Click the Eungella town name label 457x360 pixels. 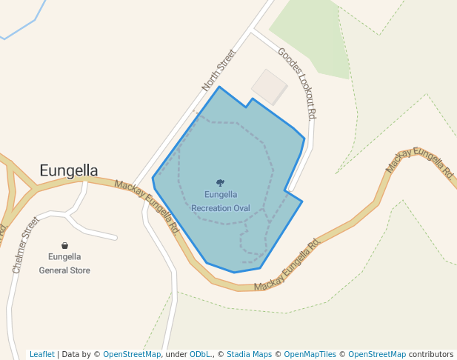click(x=68, y=171)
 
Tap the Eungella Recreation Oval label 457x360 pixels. click(x=221, y=201)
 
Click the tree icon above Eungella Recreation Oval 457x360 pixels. click(x=220, y=182)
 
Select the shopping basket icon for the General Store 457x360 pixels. click(x=64, y=245)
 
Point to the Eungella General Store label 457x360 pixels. click(x=64, y=264)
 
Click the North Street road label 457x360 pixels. click(x=220, y=70)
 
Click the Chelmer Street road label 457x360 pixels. click(x=25, y=245)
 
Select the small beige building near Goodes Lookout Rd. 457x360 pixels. click(x=269, y=87)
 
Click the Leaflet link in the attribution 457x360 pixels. click(x=41, y=354)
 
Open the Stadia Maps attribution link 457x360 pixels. click(x=249, y=354)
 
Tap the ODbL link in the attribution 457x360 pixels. click(x=199, y=354)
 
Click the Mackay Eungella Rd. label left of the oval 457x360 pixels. click(x=147, y=207)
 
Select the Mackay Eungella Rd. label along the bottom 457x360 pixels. click(x=287, y=265)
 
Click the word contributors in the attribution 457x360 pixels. click(x=431, y=354)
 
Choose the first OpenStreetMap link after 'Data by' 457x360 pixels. click(x=132, y=354)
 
